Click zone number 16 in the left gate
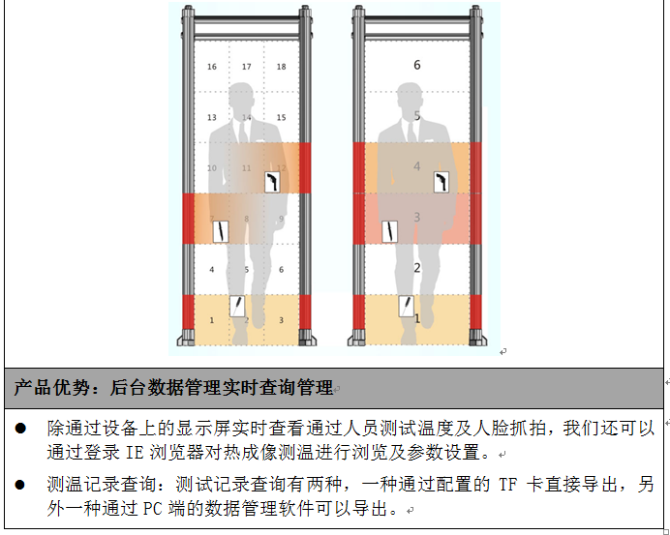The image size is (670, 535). (x=212, y=67)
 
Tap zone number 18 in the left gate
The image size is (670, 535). (x=281, y=67)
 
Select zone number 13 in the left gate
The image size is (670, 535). (x=212, y=117)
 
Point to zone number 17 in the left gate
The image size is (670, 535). (x=247, y=67)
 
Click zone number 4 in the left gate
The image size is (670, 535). (x=212, y=269)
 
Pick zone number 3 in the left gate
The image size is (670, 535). (x=281, y=320)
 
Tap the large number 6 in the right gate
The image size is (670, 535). (x=417, y=65)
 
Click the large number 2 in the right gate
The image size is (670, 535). (x=417, y=268)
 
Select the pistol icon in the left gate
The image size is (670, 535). (x=272, y=182)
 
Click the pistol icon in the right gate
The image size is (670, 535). (x=442, y=182)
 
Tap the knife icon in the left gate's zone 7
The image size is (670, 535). (x=221, y=232)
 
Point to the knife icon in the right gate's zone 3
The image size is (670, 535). (x=389, y=232)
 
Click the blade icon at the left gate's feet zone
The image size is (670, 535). (x=237, y=306)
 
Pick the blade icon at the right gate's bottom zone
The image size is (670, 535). (x=407, y=306)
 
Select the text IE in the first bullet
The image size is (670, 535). (x=135, y=453)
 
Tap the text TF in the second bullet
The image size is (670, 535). (x=508, y=485)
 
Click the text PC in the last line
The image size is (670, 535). (x=152, y=509)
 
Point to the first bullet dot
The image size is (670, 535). (x=20, y=429)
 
